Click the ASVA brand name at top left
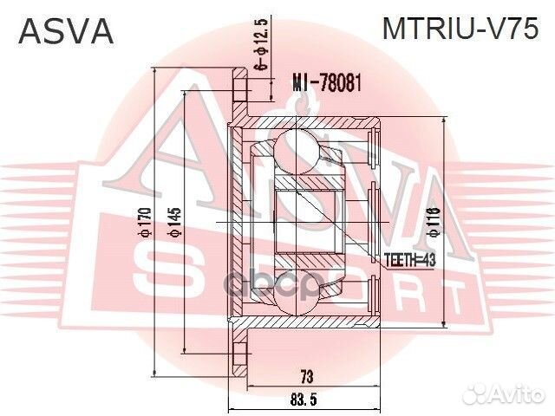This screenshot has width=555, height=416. coord(66,32)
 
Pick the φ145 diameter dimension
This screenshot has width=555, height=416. coord(173,223)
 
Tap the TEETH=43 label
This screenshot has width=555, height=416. coord(408,258)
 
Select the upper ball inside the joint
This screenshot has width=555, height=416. coord(298,146)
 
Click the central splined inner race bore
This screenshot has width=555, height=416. coord(304,222)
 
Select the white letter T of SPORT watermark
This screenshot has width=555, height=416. coord(451,300)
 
